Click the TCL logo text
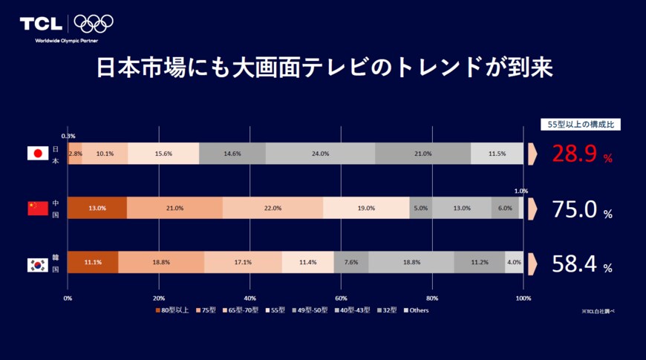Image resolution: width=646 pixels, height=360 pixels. [41, 24]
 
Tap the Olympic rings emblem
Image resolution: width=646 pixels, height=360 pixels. [94, 24]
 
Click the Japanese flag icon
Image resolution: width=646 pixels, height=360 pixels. [38, 154]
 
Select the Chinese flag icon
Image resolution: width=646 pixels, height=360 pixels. [38, 209]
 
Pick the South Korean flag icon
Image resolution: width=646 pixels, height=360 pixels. [38, 263]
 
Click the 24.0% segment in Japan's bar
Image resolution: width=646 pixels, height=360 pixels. [320, 154]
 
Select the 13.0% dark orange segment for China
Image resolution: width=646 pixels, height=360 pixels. [97, 209]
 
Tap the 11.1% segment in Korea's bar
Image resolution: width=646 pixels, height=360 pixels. [93, 263]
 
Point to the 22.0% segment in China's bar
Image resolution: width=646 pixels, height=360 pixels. [273, 209]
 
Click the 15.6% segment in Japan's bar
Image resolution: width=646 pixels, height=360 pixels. [163, 154]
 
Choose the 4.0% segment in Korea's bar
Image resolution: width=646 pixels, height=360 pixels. [514, 263]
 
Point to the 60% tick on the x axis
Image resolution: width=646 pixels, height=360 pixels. [341, 298]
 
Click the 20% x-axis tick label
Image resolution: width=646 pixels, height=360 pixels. [158, 298]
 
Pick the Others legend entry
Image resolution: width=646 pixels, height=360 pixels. [417, 310]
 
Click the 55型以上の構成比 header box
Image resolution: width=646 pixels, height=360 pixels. [580, 125]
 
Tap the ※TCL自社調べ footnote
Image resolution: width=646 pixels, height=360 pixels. [598, 312]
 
